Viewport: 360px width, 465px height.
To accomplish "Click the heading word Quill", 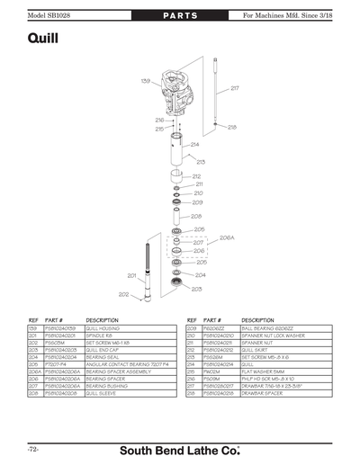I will click(45, 39).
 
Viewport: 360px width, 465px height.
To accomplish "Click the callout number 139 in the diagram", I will click(145, 81).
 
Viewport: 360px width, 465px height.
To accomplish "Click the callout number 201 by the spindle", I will click(130, 275).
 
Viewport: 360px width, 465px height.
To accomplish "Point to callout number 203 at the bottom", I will click(196, 289).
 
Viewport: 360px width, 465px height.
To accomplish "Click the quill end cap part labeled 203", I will click(177, 286).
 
